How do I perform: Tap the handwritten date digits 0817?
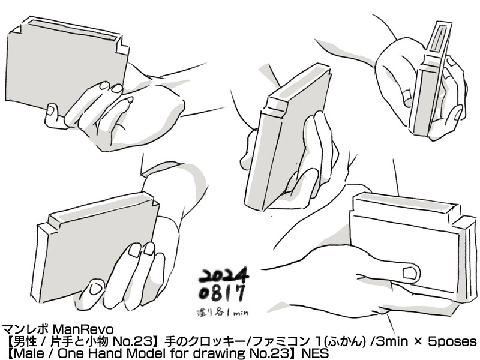click(222, 293)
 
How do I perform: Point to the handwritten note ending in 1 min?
click(222, 312)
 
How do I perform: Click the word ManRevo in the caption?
click(83, 329)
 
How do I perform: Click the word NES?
click(315, 353)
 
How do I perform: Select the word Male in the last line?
click(29, 353)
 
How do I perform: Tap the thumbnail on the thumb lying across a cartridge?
click(410, 273)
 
